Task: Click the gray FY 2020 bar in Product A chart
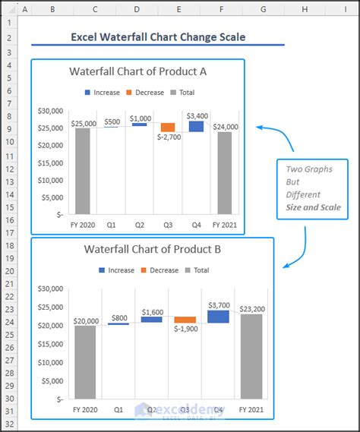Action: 82,171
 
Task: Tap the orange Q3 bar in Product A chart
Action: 168,127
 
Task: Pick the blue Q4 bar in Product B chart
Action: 218,316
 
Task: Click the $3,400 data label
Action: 197,115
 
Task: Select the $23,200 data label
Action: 251,309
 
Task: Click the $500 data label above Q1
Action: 112,121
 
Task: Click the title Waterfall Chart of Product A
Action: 137,72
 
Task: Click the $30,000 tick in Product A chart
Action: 50,110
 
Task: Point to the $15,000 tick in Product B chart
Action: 50,344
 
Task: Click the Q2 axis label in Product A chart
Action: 140,225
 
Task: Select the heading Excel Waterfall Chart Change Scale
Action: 158,37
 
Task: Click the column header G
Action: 263,9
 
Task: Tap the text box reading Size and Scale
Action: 313,207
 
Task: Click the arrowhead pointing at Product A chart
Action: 260,128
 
